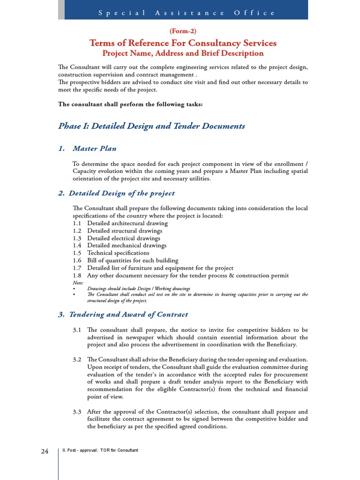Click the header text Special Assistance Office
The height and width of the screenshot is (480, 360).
click(187, 13)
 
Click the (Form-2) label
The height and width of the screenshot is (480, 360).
click(183, 31)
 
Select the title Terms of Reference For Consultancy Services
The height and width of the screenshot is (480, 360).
click(183, 43)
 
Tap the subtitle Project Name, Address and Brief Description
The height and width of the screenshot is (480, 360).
click(183, 53)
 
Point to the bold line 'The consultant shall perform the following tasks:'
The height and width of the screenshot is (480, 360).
click(130, 104)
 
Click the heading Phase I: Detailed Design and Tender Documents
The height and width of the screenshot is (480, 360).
click(151, 126)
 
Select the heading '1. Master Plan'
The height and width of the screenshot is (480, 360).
click(87, 149)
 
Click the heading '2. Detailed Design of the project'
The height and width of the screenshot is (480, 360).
click(116, 193)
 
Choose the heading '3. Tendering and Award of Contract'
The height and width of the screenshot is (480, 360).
click(123, 315)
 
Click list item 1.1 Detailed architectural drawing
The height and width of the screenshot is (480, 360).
click(120, 223)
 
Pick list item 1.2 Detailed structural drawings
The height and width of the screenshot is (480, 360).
click(117, 231)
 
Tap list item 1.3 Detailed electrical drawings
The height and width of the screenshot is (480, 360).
click(116, 238)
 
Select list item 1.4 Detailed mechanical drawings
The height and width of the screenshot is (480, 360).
click(119, 245)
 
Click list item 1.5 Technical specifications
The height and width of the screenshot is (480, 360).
click(111, 253)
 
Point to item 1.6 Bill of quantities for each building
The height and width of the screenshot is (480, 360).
click(125, 260)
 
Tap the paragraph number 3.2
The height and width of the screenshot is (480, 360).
click(77, 360)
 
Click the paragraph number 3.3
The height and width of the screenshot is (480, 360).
click(77, 412)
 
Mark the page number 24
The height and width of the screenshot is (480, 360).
click(45, 451)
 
